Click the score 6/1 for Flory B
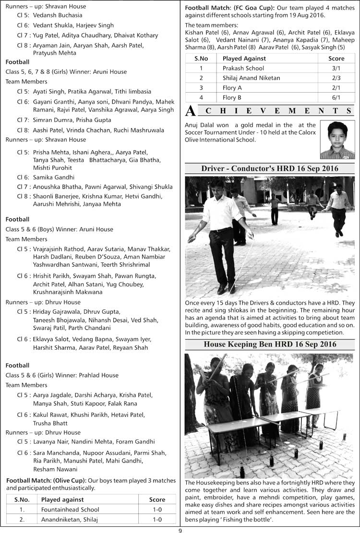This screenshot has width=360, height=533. pos(336,98)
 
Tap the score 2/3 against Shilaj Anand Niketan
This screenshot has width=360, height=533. pos(336,78)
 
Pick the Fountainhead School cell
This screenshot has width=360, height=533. pos(70,509)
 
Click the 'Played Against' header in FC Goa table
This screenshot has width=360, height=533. pos(244,59)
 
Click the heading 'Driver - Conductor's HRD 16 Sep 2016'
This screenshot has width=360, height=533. pos(270,169)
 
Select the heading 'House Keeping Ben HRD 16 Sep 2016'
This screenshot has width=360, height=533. pos(270,344)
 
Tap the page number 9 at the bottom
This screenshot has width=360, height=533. pos(180,530)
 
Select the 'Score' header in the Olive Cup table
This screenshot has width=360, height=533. pos(157,499)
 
